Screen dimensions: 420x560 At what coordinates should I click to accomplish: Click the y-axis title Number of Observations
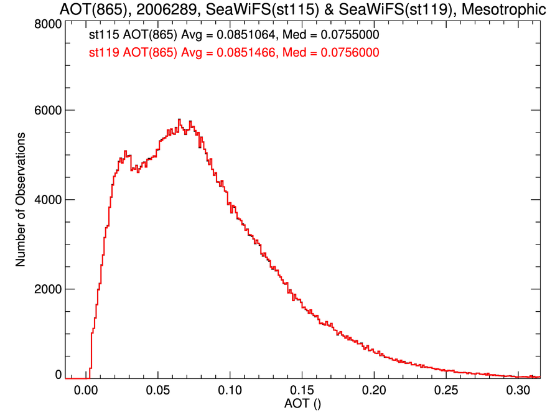(x=21, y=200)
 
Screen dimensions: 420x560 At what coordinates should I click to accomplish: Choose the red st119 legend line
(x=234, y=54)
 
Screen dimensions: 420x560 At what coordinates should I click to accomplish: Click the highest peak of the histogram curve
(x=179, y=119)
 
